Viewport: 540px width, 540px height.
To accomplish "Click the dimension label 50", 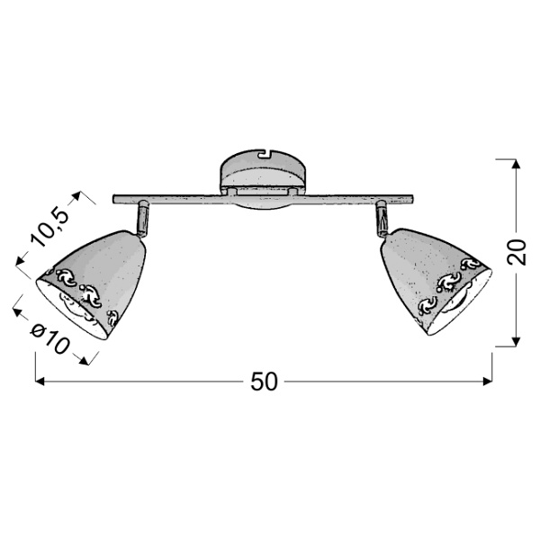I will (263, 382).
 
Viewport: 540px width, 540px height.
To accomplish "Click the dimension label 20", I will (515, 253).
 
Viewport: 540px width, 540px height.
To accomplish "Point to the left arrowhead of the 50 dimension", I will (40, 382).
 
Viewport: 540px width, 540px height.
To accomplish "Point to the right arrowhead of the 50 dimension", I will (489, 382).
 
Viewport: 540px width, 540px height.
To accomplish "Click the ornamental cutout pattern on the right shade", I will (450, 283).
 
